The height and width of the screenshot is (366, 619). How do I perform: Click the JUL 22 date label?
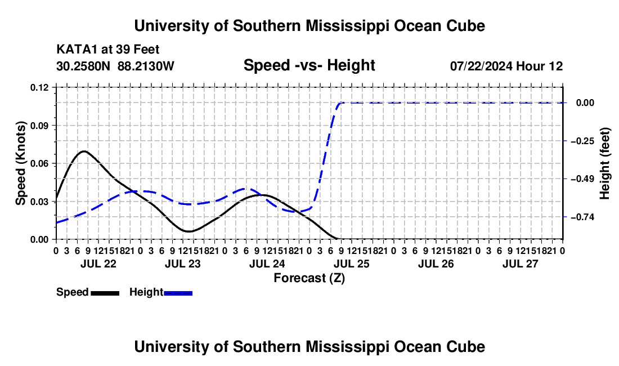(x=98, y=264)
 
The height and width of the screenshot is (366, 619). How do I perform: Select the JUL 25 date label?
(x=351, y=264)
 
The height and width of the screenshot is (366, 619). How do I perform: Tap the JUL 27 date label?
(x=521, y=264)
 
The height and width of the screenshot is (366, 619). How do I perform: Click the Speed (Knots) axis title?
(x=20, y=163)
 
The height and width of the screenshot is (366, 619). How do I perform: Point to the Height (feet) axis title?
(x=604, y=163)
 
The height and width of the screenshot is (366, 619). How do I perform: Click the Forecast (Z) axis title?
(x=309, y=278)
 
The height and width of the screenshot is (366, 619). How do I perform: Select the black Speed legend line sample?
(x=105, y=293)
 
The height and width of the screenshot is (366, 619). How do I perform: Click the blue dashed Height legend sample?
(x=178, y=293)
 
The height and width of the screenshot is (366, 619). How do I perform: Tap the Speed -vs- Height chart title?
(x=309, y=65)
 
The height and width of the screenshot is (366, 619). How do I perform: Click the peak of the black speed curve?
(x=84, y=151)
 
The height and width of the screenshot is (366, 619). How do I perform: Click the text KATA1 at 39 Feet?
(x=108, y=50)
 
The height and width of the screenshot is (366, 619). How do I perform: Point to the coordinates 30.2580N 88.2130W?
(x=115, y=66)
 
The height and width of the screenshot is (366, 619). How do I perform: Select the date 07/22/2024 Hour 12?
(x=506, y=66)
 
